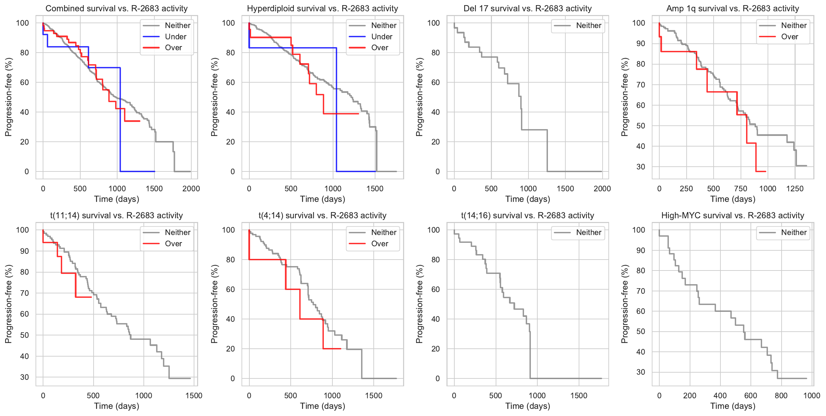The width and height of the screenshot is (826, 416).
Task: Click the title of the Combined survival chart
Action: (116, 9)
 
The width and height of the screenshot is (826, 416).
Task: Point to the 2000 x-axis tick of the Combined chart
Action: (191, 189)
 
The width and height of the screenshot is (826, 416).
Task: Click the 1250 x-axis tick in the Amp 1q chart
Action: (795, 189)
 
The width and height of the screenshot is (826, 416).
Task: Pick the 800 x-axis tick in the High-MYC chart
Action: (781, 396)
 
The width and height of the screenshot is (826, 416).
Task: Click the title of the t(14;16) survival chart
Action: (527, 216)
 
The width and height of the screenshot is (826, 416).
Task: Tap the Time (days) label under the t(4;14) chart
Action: (322, 406)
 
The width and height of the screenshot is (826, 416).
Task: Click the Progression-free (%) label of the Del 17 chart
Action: (419, 97)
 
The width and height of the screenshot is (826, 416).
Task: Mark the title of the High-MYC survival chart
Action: (733, 216)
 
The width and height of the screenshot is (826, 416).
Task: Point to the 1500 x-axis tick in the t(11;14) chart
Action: (194, 396)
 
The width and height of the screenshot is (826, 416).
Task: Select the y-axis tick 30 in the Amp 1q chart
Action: (641, 167)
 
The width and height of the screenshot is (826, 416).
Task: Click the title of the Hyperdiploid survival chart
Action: (322, 9)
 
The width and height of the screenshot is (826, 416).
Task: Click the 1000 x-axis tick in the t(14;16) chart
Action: (537, 396)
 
